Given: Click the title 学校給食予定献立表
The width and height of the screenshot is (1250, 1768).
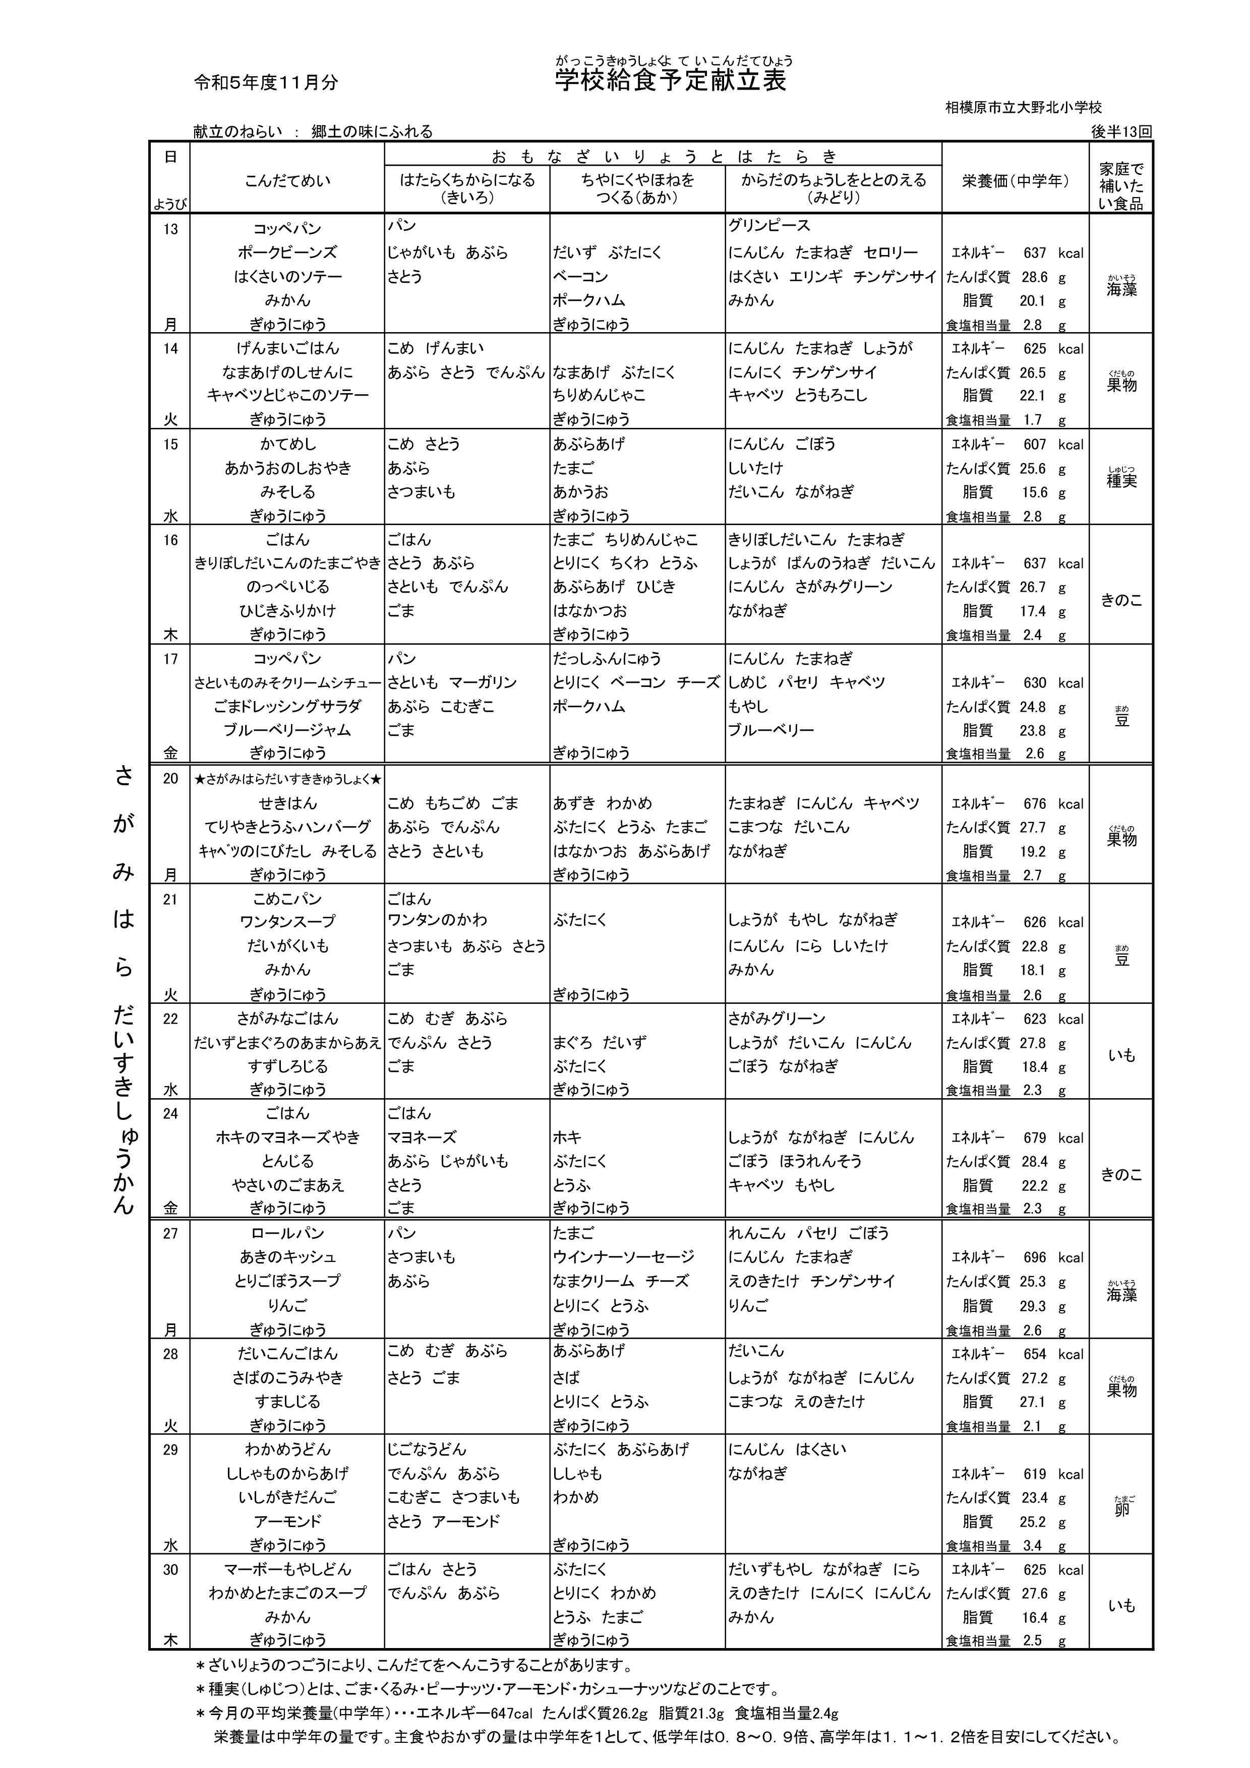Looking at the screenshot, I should [x=670, y=80].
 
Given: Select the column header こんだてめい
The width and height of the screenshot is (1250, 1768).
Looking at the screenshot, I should [x=287, y=181].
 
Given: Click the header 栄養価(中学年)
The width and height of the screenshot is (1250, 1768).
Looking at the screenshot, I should [x=1015, y=181].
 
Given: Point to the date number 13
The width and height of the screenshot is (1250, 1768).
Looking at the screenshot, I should [x=170, y=229].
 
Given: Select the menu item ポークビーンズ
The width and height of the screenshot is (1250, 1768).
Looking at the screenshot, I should [x=287, y=252].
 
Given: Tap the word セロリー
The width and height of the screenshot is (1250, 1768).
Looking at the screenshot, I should [x=890, y=252].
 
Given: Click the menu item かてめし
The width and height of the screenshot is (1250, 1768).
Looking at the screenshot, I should [x=287, y=445].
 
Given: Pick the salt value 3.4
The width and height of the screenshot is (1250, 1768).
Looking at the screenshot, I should [x=1032, y=1545].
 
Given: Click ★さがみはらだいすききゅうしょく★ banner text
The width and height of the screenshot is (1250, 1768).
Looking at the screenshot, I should [x=287, y=779].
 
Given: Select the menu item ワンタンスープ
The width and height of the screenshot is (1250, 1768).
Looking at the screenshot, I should [x=287, y=922].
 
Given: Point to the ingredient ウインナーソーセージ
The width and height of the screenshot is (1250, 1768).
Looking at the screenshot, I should [x=623, y=1256].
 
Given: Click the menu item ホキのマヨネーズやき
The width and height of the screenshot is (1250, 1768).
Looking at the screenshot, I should [x=287, y=1138].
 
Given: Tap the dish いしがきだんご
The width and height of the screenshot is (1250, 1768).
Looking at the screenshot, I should [x=287, y=1498].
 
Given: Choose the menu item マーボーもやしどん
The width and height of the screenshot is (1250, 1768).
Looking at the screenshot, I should [x=287, y=1569].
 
